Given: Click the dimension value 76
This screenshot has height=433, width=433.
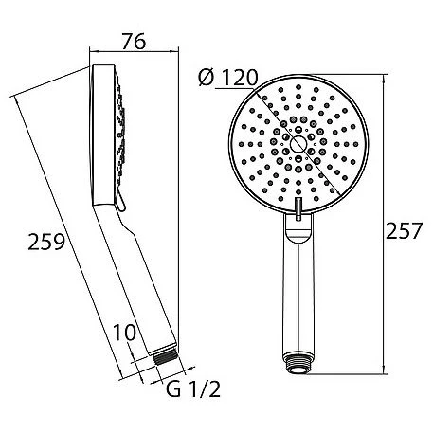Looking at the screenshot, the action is tap(135, 41).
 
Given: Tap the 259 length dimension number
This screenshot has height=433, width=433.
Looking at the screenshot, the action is tap(46, 242).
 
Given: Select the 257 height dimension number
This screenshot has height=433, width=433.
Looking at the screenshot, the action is tap(404, 230).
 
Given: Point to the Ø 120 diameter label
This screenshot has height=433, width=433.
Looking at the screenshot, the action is tap(228, 78).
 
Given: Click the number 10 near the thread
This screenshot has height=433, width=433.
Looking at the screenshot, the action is tap(124, 333).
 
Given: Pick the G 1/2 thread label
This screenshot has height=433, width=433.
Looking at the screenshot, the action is tap(193, 389).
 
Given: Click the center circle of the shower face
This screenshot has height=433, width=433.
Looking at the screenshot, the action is tap(298, 144).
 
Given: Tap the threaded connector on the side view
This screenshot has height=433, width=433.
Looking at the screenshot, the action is tap(166, 358).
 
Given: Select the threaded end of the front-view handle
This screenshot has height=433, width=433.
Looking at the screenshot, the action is tap(298, 364).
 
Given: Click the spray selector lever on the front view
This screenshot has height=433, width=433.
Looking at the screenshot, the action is tap(298, 207).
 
